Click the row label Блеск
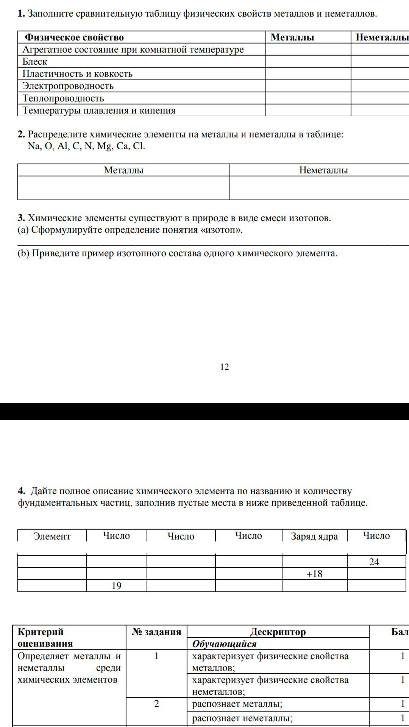35,62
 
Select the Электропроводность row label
68,86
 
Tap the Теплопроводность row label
63,98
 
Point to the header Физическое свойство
74,37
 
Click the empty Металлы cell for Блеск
308,62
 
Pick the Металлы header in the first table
292,37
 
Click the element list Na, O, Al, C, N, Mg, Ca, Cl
86,146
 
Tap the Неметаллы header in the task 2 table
323,170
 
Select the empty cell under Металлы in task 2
123,188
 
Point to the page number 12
224,367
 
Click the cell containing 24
374,562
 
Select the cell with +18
314,574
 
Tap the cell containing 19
116,586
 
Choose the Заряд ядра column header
314,536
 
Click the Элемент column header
52,536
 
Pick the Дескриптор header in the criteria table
278,632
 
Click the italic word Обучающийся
224,644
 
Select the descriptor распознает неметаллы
242,718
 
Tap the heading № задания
156,632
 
